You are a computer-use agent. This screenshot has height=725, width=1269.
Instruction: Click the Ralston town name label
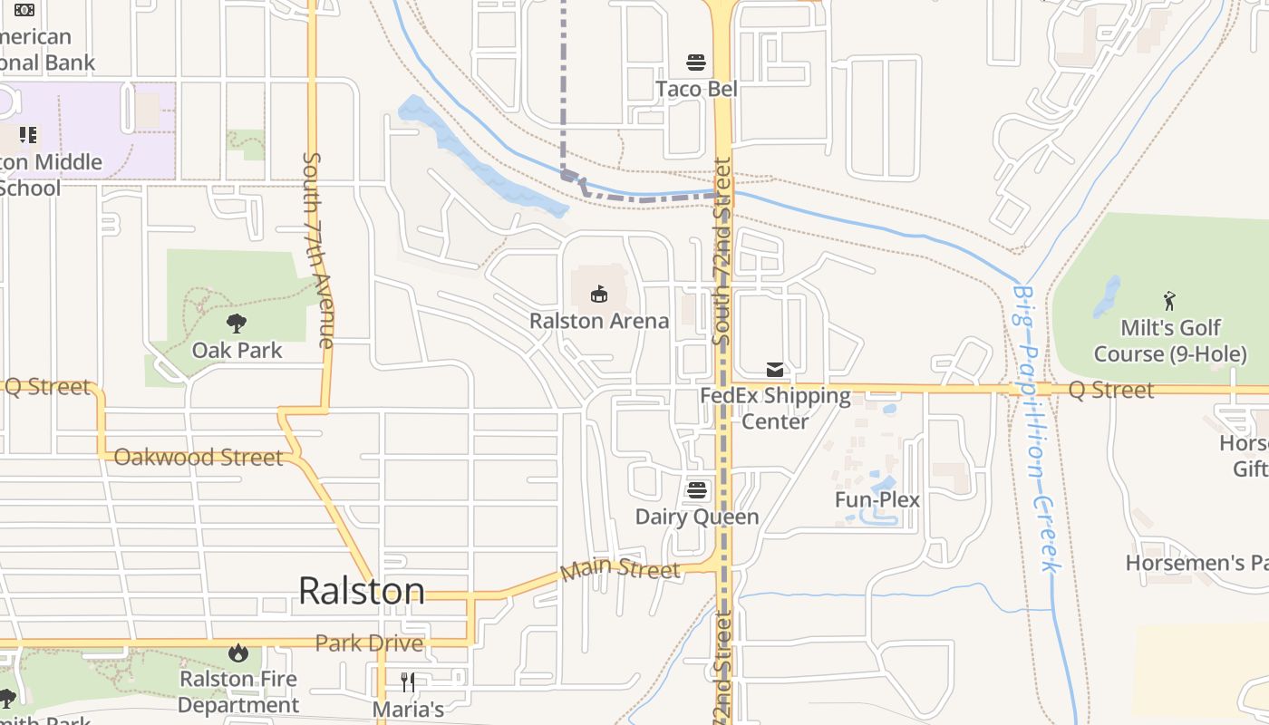pos(361,591)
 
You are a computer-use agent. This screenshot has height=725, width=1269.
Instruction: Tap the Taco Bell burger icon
pos(696,63)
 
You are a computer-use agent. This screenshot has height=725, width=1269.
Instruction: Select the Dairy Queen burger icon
pos(696,490)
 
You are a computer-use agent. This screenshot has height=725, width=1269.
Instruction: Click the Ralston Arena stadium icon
pos(599,294)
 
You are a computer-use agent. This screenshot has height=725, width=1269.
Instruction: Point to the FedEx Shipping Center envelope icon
pos(775,370)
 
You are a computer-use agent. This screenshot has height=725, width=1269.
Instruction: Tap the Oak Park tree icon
pos(237,323)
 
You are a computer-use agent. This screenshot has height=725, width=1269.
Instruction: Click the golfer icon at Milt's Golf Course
pos(1169,301)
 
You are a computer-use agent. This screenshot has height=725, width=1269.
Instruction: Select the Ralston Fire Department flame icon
pos(238,652)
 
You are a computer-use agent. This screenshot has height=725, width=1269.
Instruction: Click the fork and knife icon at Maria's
pos(408,682)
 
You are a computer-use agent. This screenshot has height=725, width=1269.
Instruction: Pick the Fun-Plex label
pos(877,499)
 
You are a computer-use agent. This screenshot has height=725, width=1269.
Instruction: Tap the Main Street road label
pos(620,569)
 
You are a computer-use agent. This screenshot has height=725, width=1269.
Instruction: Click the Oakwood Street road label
pos(199,457)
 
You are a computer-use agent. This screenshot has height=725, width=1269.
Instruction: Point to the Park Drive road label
pos(369,643)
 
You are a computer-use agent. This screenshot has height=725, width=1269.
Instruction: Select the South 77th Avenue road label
pos(316,249)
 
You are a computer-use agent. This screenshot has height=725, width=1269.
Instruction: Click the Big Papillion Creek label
pos(1036,429)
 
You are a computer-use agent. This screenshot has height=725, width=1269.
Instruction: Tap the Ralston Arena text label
pos(599,321)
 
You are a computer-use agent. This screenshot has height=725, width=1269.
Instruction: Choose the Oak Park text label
pos(237,350)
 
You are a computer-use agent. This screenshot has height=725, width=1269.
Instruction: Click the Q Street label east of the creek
pos(1110,390)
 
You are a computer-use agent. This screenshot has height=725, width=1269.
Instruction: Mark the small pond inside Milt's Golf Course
pos(1107,297)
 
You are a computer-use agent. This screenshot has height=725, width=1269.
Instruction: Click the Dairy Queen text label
pos(696,517)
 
